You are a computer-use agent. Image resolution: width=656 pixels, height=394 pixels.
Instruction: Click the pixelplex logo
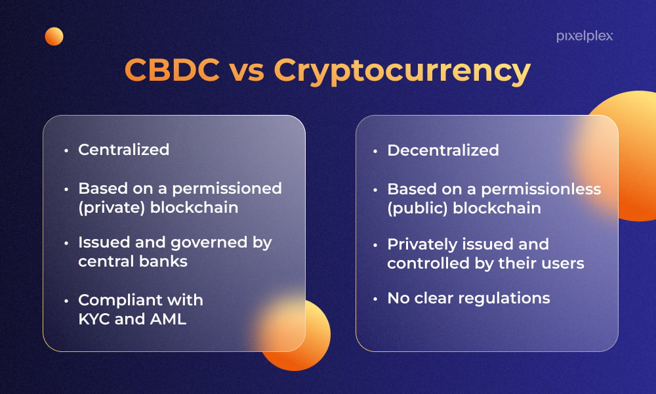[584, 36]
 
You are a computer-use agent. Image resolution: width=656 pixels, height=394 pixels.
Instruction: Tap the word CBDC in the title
[172, 70]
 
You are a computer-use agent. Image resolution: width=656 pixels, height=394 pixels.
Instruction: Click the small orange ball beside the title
[54, 36]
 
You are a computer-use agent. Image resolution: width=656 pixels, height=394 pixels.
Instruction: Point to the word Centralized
[124, 150]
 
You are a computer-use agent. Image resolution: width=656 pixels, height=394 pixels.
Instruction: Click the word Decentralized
[443, 150]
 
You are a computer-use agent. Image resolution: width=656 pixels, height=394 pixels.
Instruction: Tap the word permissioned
[227, 189]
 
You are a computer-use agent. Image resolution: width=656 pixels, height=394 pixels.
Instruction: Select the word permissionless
[541, 190]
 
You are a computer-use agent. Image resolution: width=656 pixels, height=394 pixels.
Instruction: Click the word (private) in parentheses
[112, 208]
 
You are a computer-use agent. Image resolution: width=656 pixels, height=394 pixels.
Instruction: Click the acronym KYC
[94, 319]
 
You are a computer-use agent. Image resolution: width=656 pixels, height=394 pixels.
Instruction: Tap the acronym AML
[168, 319]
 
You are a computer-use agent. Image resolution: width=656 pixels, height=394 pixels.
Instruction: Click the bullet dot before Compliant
[66, 301]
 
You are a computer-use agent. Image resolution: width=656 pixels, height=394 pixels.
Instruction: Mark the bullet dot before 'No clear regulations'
[375, 299]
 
